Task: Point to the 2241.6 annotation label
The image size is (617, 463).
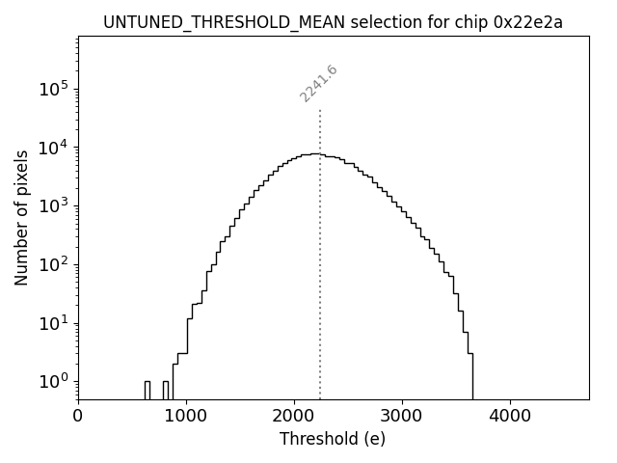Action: tap(318, 83)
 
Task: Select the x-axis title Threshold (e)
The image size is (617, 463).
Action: tap(333, 439)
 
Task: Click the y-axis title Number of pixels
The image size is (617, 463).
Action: tap(21, 217)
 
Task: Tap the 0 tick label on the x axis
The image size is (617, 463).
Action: tap(78, 416)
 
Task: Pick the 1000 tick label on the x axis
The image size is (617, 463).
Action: tap(185, 416)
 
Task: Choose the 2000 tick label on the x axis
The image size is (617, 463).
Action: tap(293, 416)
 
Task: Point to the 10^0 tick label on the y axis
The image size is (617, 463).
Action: tap(54, 381)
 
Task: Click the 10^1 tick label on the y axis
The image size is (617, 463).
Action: tap(54, 322)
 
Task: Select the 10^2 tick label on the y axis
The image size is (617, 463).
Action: tap(54, 264)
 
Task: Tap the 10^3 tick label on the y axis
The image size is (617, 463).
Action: tap(54, 205)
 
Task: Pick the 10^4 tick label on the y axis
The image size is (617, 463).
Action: tap(54, 148)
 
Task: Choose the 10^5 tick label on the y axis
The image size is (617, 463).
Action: tap(54, 89)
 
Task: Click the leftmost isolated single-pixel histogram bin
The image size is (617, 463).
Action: tap(147, 390)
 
